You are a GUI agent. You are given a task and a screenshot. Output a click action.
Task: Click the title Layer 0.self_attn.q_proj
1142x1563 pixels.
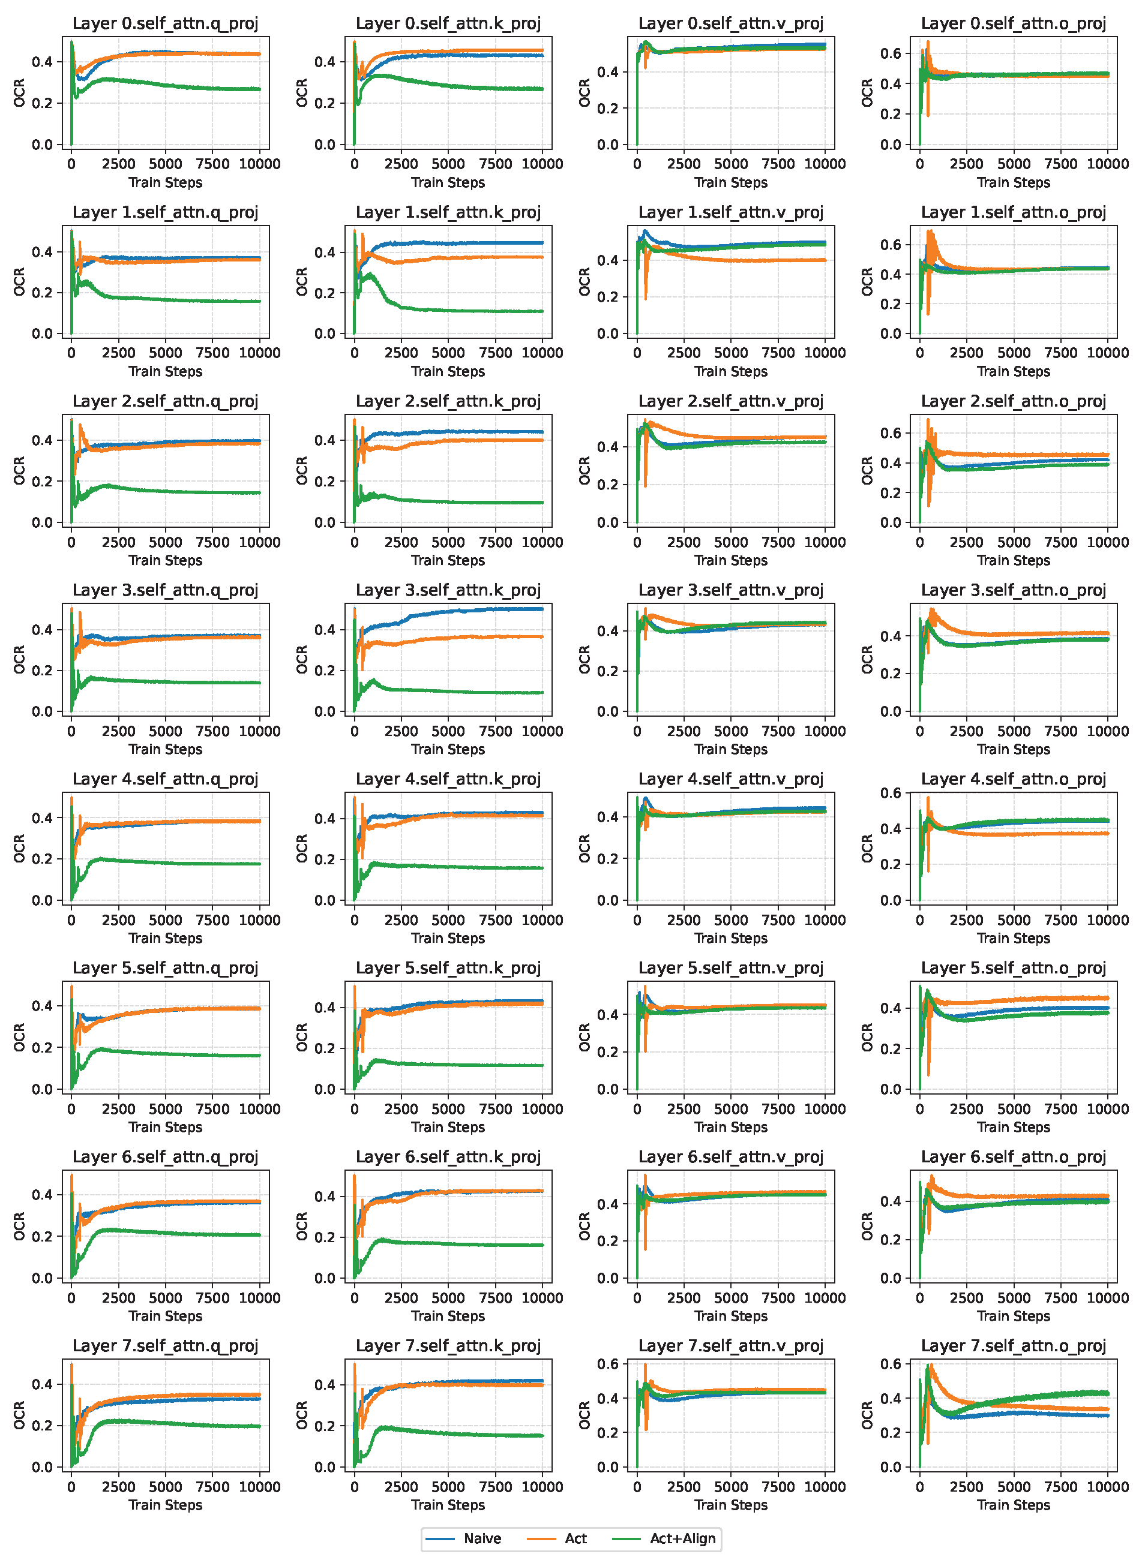pos(165,23)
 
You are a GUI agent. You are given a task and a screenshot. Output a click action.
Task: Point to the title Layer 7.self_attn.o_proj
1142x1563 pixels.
pos(1013,1346)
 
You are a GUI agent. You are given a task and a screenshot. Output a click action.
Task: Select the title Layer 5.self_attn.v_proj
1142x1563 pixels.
pos(731,968)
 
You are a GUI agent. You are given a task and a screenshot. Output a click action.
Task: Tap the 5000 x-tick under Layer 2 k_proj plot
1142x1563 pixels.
pos(448,542)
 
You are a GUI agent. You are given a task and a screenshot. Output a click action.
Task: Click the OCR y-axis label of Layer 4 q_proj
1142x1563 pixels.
pos(19,849)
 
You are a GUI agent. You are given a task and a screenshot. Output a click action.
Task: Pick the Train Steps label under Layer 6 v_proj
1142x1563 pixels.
pos(731,1316)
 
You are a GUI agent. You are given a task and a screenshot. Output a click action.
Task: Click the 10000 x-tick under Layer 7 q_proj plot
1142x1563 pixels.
pos(259,1486)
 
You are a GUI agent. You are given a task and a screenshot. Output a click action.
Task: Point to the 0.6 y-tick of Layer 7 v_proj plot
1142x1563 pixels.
pos(608,1364)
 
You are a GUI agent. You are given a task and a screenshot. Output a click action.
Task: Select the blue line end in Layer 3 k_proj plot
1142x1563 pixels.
pos(542,609)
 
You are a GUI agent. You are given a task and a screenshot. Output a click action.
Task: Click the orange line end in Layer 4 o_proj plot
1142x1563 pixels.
pos(1107,833)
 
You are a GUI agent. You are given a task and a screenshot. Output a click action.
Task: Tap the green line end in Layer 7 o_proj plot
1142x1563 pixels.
pos(1107,1394)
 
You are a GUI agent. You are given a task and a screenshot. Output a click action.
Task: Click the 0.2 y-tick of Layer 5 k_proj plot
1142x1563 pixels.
pos(324,1048)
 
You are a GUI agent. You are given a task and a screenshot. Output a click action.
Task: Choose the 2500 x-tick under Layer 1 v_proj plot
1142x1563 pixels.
pos(684,353)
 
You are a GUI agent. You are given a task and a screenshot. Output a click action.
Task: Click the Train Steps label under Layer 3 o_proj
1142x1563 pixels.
pos(1013,750)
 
